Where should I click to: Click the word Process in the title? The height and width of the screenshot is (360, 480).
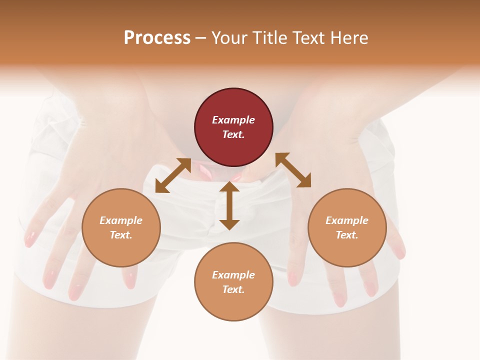[x=157, y=38]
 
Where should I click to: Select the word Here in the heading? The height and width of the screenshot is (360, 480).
[x=349, y=38]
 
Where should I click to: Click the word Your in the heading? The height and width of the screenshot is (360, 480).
[x=229, y=38]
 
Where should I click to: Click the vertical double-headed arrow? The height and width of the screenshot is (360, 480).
[x=229, y=205]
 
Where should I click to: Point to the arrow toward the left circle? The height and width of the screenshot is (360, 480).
[x=173, y=175]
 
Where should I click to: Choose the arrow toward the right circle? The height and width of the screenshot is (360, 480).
[x=293, y=170]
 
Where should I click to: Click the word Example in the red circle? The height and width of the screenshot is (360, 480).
[x=233, y=120]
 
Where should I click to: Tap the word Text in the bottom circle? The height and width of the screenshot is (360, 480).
[x=233, y=289]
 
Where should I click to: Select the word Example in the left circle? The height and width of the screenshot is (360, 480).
[x=121, y=220]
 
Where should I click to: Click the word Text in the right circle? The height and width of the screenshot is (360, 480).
[x=347, y=235]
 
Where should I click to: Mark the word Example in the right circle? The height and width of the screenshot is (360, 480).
[x=347, y=220]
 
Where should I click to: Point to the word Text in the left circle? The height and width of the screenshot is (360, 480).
[x=121, y=235]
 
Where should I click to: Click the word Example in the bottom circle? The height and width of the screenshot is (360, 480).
[x=233, y=275]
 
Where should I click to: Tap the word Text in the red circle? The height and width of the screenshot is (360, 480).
[x=233, y=134]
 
